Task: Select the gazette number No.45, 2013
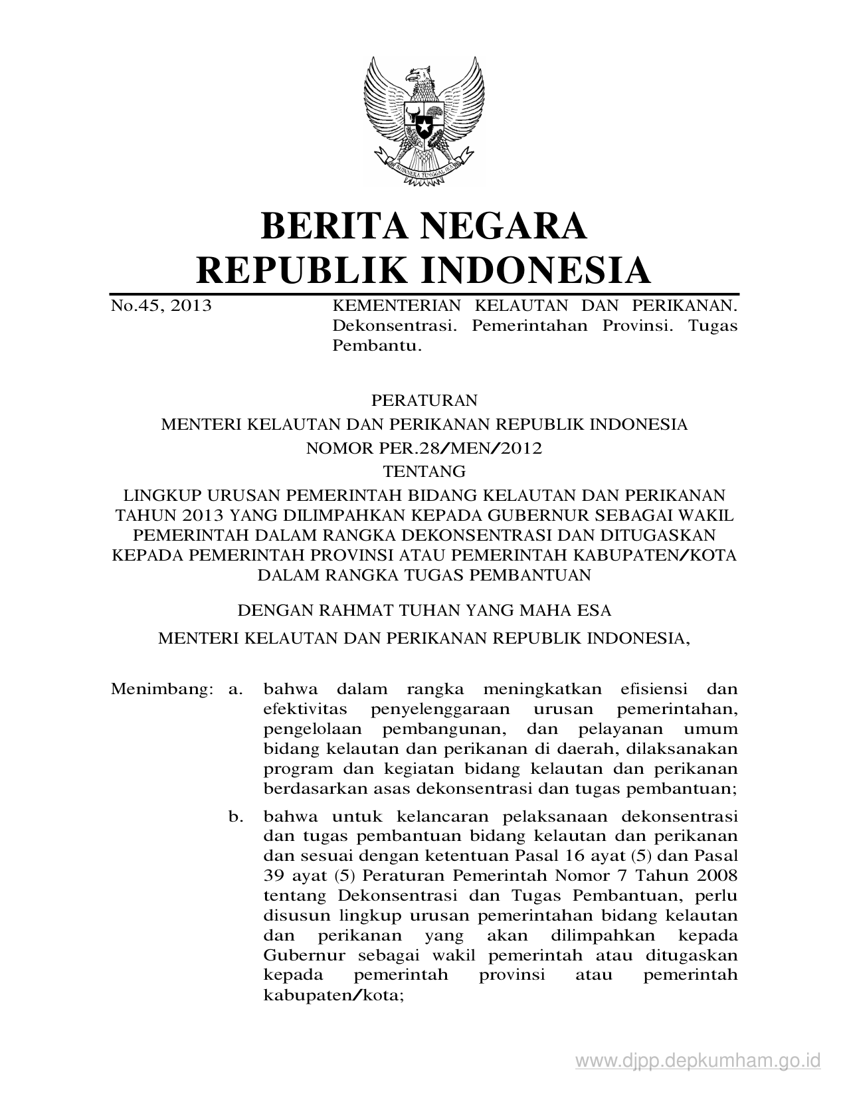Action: click(161, 306)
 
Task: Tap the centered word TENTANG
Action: click(424, 472)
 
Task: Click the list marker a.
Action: click(234, 689)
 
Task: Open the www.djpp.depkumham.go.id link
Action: click(698, 1061)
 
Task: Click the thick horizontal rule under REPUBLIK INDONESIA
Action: click(424, 293)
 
